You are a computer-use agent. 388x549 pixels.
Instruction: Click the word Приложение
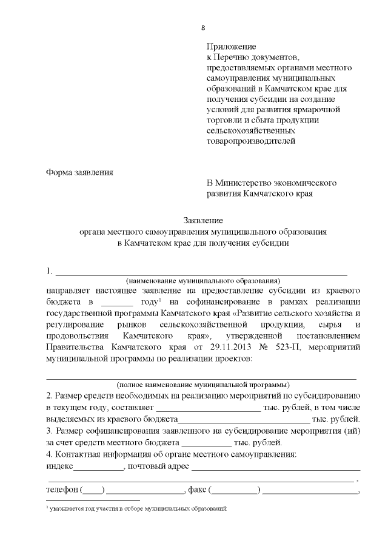[x=232, y=47]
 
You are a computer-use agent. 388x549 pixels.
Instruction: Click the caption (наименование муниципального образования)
[x=203, y=281]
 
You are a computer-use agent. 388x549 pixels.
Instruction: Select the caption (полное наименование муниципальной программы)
[x=203, y=385]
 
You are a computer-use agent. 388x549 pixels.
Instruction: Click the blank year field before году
[x=116, y=302]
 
